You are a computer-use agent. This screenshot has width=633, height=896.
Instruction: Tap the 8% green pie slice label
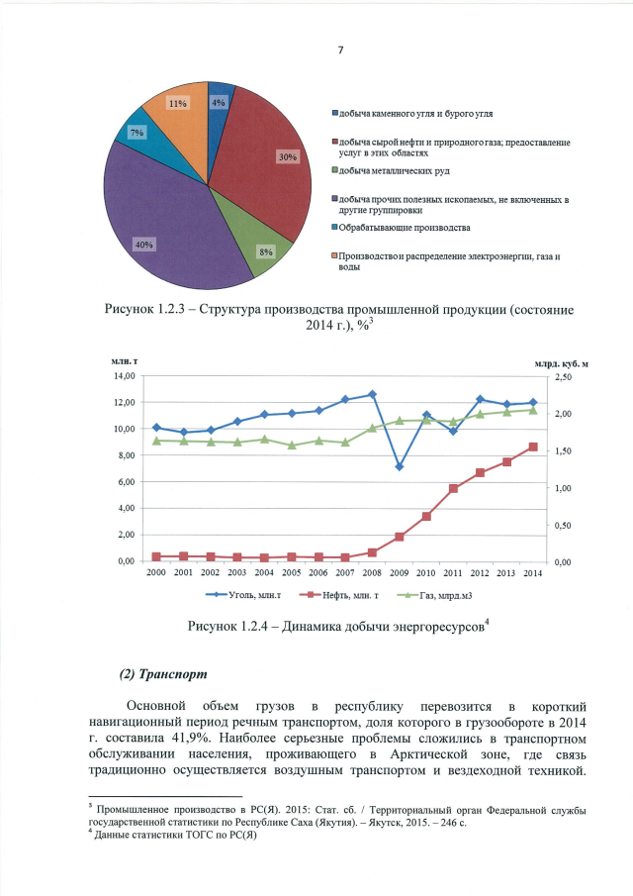click(266, 252)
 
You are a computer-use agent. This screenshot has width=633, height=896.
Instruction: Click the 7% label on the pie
click(136, 132)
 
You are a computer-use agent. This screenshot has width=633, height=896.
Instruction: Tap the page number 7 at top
click(339, 50)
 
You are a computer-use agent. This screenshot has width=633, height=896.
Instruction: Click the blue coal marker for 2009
click(399, 466)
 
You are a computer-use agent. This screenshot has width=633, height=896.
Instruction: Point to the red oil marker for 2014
click(532, 447)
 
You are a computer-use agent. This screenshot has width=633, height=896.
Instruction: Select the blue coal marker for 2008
click(372, 394)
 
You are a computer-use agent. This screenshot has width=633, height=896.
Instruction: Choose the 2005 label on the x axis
click(291, 573)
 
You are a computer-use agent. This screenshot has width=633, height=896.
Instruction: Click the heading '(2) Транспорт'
click(163, 674)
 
